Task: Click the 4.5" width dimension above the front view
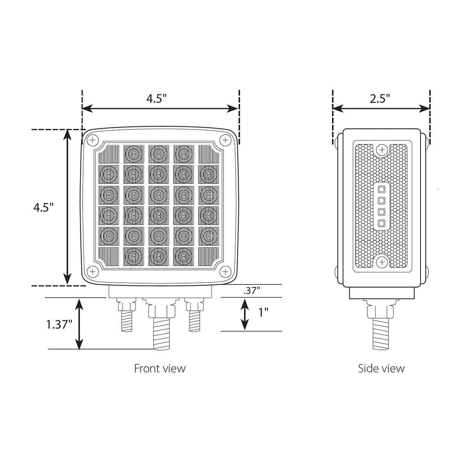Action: [156, 99]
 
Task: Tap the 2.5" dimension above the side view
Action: [380, 99]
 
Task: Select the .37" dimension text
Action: [251, 291]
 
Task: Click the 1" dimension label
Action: [264, 312]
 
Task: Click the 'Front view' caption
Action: [160, 368]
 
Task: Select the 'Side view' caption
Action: [381, 368]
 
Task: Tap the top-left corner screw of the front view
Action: [92, 140]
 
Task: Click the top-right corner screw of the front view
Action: [225, 140]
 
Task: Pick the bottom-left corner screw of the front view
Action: [92, 271]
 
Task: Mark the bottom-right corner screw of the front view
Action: [225, 271]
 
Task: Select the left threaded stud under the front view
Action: [126, 320]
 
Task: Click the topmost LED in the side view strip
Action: [382, 189]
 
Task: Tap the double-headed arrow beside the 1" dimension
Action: [245, 314]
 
